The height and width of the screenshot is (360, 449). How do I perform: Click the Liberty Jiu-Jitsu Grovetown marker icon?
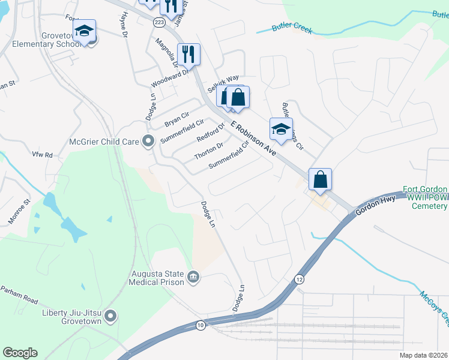pos(110,315)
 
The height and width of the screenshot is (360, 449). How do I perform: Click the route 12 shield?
pos(299,279)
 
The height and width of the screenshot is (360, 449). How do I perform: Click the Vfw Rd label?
pos(43,155)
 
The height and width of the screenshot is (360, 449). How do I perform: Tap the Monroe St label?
pos(19,212)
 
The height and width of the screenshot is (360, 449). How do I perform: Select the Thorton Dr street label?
pos(209,151)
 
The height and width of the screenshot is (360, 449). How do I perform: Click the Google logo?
pos(20,353)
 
